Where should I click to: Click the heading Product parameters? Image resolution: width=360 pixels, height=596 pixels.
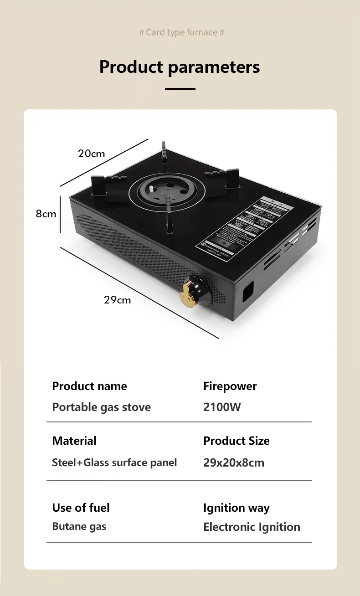click(x=180, y=67)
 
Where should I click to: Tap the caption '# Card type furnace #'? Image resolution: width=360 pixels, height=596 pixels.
click(x=181, y=32)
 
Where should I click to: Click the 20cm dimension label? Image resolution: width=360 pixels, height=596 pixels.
click(x=91, y=154)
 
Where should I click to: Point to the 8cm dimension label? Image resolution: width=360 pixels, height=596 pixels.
click(x=46, y=214)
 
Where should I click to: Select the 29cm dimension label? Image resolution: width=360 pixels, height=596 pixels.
click(x=117, y=300)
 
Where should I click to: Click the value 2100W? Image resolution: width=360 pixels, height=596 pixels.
click(x=222, y=407)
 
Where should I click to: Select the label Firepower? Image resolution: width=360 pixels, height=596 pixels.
click(x=230, y=386)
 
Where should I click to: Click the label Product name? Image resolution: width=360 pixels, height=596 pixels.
click(x=89, y=386)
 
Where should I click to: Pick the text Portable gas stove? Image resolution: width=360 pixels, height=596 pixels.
click(x=101, y=407)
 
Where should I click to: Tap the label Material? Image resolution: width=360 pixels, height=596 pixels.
click(x=74, y=441)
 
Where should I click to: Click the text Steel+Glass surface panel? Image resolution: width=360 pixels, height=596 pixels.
click(x=114, y=462)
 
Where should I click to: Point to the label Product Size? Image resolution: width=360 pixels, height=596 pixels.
click(x=236, y=441)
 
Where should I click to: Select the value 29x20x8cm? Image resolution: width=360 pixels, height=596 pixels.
click(x=233, y=462)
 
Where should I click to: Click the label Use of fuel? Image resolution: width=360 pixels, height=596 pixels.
click(x=81, y=508)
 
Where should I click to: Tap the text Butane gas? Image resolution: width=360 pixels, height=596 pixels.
click(x=79, y=527)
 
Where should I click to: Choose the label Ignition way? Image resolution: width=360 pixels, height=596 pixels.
click(x=236, y=508)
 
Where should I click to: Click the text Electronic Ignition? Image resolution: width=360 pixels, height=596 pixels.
click(x=252, y=527)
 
